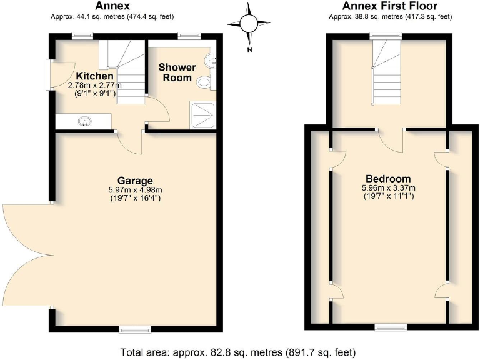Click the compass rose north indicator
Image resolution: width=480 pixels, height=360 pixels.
pos(249,23)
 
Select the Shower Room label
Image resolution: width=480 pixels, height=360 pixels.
pos(177,72)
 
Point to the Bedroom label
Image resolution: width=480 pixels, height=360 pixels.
pos(388,178)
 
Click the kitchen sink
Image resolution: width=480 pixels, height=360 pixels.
pos(86,121)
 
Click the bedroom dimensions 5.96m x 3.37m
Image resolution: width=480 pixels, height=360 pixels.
pos(388,187)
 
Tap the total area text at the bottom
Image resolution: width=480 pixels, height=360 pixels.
pos(240,351)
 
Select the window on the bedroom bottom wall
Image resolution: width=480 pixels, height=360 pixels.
pos(389,327)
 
